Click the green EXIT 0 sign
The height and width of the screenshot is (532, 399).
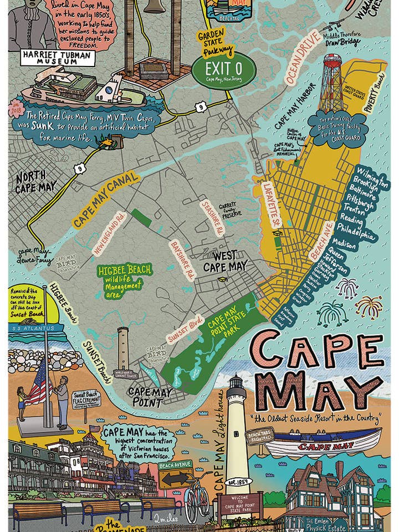(x=223, y=72)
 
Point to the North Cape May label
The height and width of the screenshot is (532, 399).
(x=35, y=182)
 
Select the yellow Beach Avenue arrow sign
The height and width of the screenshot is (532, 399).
(x=176, y=477)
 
